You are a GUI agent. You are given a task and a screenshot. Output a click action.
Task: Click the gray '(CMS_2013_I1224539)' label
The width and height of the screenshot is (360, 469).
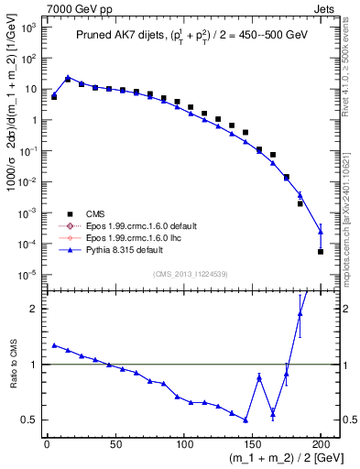click(x=191, y=273)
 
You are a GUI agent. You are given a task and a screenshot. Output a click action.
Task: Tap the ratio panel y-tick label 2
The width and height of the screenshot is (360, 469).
click(x=34, y=309)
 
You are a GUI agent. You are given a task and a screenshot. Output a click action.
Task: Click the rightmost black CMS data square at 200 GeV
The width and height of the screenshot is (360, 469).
click(x=321, y=251)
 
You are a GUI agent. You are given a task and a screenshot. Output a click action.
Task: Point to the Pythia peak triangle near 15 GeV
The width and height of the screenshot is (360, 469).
click(x=68, y=78)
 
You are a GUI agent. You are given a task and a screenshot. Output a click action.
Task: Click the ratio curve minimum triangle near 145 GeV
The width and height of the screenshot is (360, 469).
click(x=245, y=420)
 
